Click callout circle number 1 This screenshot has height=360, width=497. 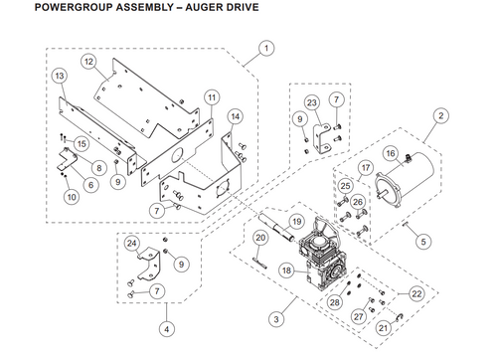click(266, 47)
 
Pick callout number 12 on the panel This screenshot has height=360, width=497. click(89, 62)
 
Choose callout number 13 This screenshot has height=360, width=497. click(60, 77)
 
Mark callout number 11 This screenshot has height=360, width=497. click(211, 96)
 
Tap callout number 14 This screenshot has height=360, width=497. click(235, 116)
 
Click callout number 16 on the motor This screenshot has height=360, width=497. click(392, 153)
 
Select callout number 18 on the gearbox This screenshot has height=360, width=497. click(286, 270)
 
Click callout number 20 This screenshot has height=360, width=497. click(257, 239)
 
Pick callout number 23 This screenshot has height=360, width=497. click(311, 102)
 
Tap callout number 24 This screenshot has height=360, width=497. click(131, 244)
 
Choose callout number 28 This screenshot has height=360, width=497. click(335, 301)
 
